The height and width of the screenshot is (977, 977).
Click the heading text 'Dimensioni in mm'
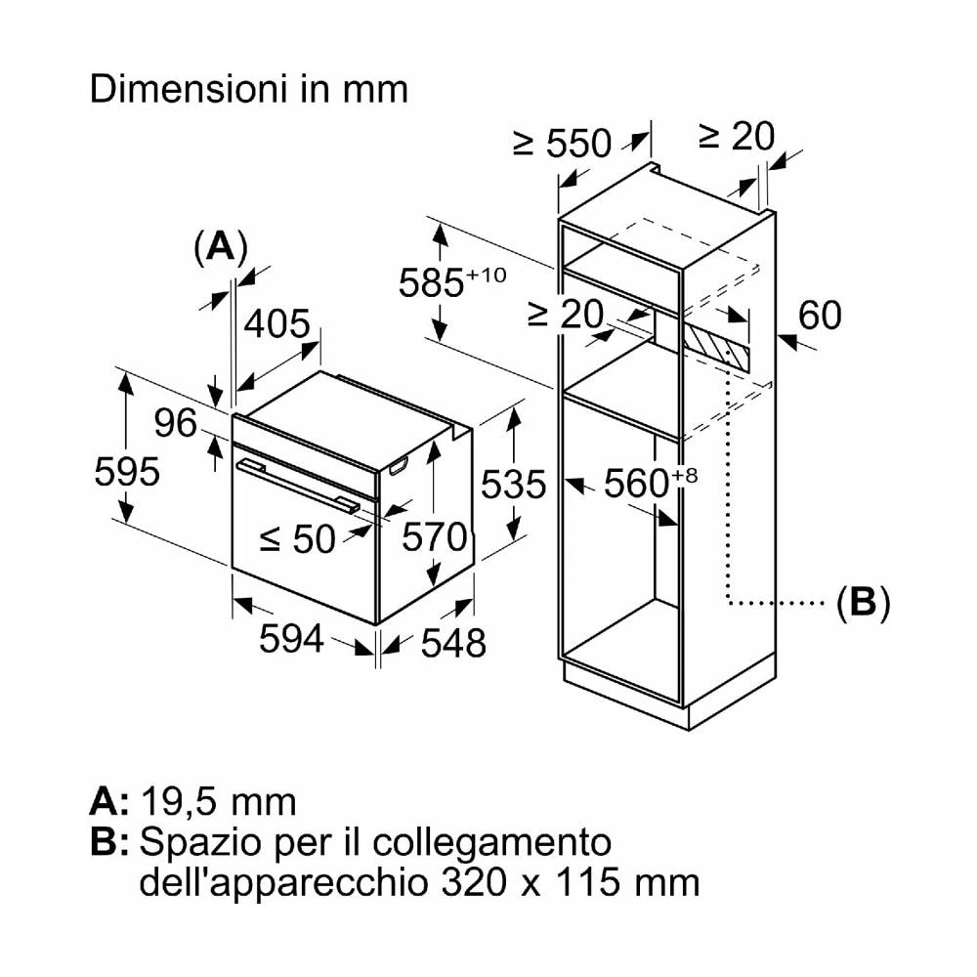[x=248, y=90]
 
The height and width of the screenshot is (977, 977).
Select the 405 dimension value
[x=276, y=324]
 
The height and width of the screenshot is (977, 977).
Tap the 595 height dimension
[x=127, y=473]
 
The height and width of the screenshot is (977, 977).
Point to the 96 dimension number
[x=176, y=423]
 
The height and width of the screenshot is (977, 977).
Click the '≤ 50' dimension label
[x=297, y=538]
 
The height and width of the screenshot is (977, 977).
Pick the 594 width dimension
[x=291, y=639]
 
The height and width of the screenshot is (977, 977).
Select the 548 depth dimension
[x=453, y=642]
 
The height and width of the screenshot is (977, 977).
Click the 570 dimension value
[x=435, y=536]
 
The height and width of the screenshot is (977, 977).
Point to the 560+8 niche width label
[x=649, y=482]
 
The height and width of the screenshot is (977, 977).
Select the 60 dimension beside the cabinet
[x=819, y=316]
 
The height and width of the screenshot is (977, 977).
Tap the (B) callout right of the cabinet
[x=863, y=603]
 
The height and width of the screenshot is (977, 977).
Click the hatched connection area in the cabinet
[x=718, y=345]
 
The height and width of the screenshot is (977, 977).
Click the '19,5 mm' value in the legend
[x=218, y=801]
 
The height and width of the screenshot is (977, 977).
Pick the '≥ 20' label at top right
[x=736, y=136]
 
